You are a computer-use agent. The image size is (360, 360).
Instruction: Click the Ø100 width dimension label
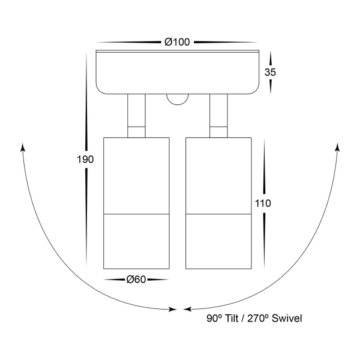click(177, 42)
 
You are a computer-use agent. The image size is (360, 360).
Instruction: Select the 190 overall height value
click(85, 160)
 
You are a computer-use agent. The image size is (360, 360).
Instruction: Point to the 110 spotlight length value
click(263, 203)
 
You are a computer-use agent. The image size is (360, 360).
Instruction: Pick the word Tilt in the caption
click(231, 319)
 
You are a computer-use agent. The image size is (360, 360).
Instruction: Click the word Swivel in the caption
click(286, 319)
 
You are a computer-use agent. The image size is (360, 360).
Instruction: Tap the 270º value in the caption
click(259, 319)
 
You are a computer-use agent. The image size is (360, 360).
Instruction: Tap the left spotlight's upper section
click(136, 175)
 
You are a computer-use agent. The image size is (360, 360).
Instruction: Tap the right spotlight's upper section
click(218, 175)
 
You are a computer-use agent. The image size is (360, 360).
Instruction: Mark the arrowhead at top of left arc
click(23, 148)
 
